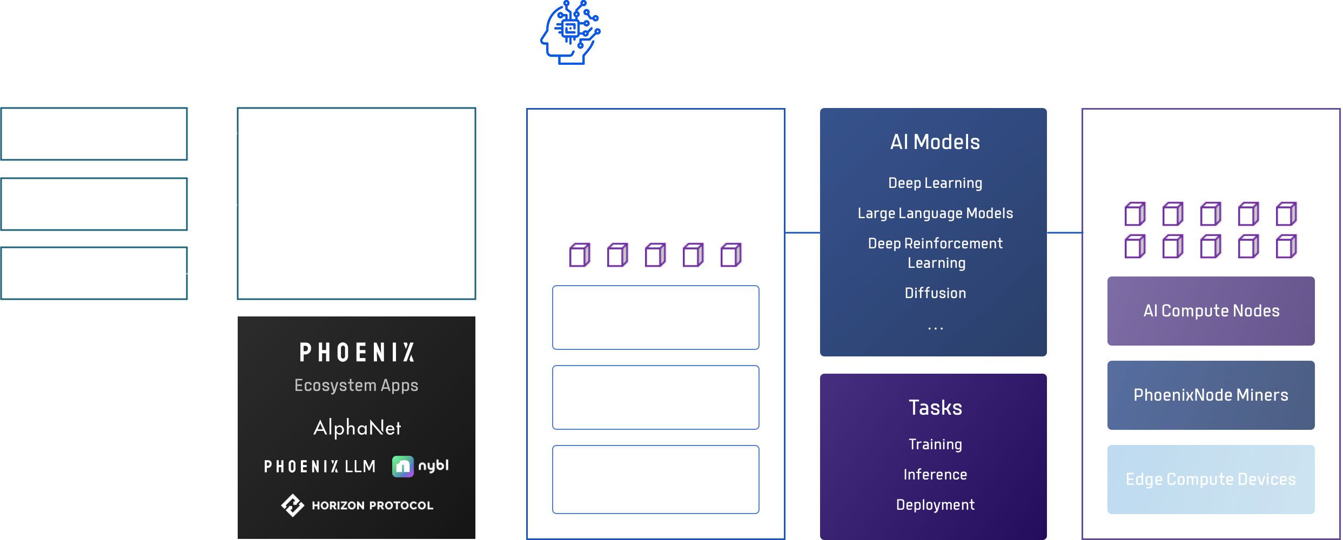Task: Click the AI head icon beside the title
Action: coord(570,32)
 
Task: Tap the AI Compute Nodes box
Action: coord(1211,311)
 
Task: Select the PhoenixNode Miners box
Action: coord(1211,395)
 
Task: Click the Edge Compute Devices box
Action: coord(1211,480)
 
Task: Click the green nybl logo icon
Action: coord(403,467)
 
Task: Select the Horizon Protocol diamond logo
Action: coord(292,505)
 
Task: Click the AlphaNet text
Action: coord(357,428)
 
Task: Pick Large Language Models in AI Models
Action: coord(935,213)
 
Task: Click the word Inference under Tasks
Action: coord(935,475)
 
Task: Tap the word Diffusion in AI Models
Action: coord(935,293)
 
